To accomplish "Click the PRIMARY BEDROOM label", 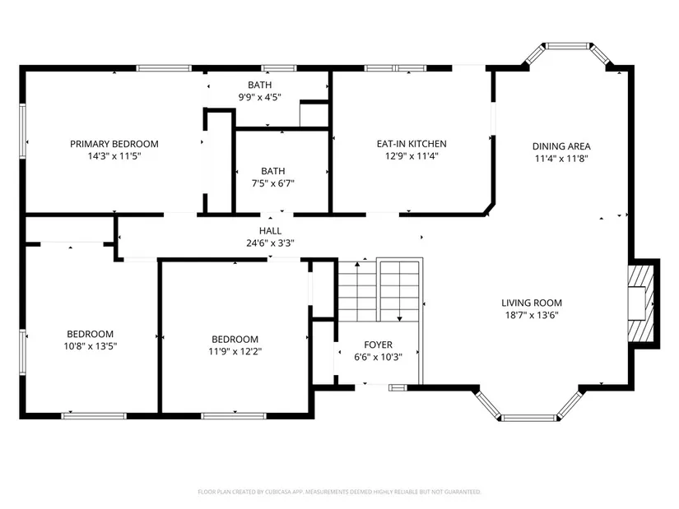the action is (x=114, y=144).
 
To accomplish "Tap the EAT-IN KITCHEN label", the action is (x=412, y=144).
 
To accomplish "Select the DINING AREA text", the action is (x=561, y=146).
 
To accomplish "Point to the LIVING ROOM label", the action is (x=532, y=303).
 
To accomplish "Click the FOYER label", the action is (x=378, y=345).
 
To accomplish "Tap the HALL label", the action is (x=270, y=231).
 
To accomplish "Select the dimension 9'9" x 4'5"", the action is (x=260, y=97).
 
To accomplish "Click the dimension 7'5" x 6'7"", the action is (x=272, y=183).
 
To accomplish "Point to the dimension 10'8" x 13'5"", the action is (x=91, y=346).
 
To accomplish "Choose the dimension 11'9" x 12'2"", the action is (x=235, y=351).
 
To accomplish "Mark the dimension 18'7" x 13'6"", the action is (x=532, y=315).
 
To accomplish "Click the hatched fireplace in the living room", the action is (x=641, y=303).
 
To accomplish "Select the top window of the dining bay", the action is (x=567, y=46).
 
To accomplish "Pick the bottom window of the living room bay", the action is (x=529, y=418).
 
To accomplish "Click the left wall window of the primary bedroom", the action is (x=22, y=130).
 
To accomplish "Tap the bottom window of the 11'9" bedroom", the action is (x=234, y=416).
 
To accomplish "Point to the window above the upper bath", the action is (x=279, y=68).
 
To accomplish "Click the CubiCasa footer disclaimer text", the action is (x=339, y=492).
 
